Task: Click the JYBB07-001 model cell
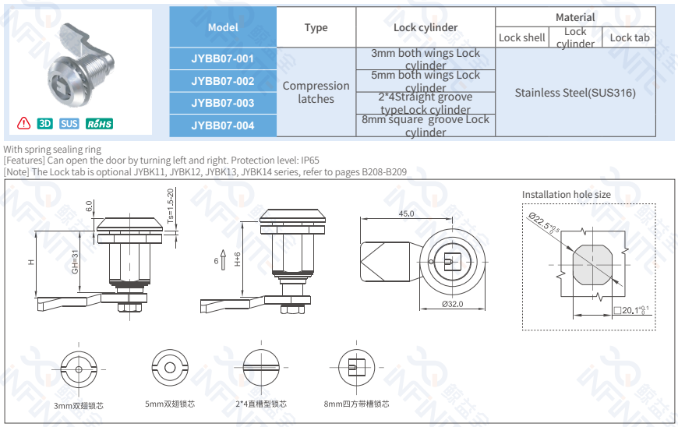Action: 223,58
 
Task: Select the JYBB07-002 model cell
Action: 223,81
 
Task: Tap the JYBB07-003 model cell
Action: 223,103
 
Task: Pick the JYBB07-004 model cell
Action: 223,125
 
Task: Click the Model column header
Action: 223,27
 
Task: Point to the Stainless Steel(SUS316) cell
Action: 575,93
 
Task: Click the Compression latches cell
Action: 316,92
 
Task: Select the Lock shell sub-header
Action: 521,37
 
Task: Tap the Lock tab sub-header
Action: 629,37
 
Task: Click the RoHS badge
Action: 99,124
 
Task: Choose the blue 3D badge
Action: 45,124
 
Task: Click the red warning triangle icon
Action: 24,123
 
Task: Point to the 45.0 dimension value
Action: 406,213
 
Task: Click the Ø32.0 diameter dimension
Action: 454,305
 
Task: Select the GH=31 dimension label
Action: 76,261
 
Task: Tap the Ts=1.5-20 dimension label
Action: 171,206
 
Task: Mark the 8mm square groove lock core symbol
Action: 355,367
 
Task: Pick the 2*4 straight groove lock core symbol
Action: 260,367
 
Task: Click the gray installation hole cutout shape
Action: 591,266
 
